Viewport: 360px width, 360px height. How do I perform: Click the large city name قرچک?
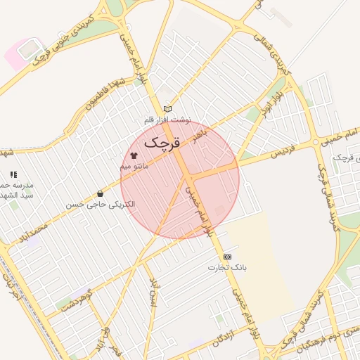click(162, 142)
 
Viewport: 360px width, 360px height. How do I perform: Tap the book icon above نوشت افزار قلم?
click(167, 108)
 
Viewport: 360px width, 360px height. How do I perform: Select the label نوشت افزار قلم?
click(167, 120)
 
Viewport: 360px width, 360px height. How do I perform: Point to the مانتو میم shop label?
click(134, 165)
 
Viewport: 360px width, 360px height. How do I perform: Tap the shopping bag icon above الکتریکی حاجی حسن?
click(101, 193)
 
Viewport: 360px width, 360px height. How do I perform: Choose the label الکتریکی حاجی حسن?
click(101, 205)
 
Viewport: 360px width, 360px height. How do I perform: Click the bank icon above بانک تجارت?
click(226, 257)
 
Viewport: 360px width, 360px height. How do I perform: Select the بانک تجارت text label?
click(226, 268)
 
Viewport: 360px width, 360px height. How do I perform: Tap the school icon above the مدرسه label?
click(13, 174)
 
